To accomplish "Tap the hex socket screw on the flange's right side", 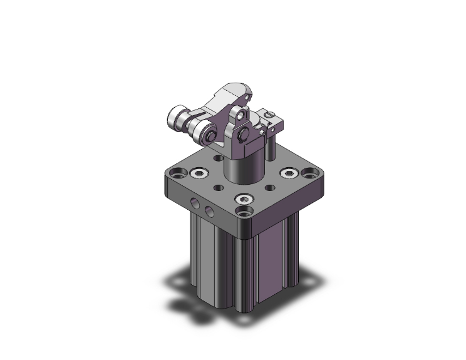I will (x=289, y=173).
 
